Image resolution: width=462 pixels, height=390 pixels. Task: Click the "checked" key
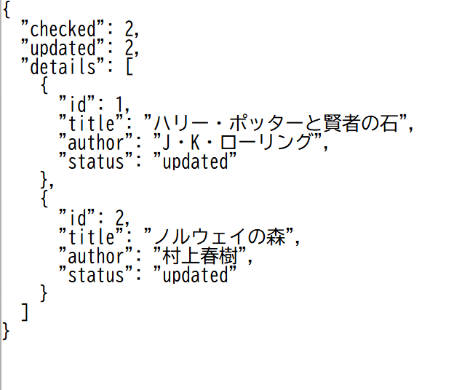point(61,30)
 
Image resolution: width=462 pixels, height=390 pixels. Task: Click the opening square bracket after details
point(131,68)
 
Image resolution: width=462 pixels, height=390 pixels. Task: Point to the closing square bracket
point(25,313)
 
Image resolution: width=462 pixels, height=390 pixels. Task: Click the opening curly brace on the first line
point(7,12)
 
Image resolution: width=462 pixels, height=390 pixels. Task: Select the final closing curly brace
point(7,332)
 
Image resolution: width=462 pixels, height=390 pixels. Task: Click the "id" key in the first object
point(76,106)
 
